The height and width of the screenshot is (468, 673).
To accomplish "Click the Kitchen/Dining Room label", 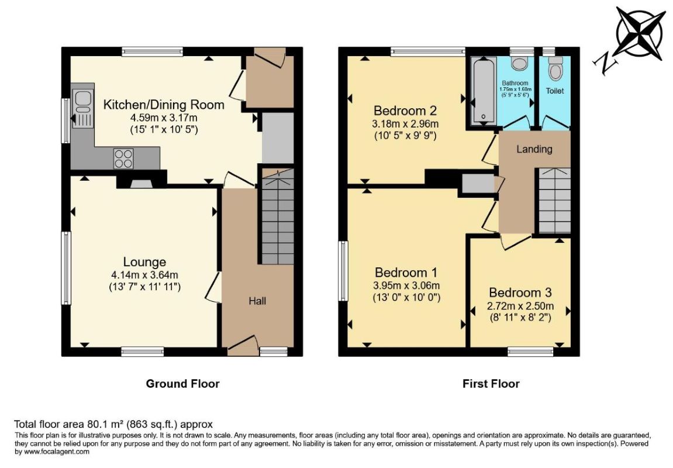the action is tap(164, 105).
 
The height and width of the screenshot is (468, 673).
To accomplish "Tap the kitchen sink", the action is tap(83, 109).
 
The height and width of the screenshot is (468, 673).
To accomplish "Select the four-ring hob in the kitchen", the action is tap(123, 158).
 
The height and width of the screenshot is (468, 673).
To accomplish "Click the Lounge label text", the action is tap(144, 262).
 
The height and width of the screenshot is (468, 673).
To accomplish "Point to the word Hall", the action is tap(257, 301).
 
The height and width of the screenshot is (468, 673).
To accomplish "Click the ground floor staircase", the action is tap(278, 216).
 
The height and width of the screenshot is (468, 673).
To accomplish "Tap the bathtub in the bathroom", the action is tap(484, 91).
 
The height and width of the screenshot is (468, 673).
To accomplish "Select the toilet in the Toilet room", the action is tap(555, 68).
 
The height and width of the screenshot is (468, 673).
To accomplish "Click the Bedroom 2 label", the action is tap(405, 111).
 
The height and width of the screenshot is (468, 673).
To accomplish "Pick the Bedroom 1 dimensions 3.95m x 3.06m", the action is tap(406, 285).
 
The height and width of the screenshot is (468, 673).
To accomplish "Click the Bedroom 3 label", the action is tap(520, 293).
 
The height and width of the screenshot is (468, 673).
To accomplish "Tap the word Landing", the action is tap(534, 149).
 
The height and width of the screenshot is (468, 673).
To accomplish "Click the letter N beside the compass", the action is tap(605, 63).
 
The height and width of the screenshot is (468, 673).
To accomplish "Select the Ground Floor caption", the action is tap(183, 384).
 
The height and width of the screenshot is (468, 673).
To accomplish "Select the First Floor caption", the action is tap(491, 384).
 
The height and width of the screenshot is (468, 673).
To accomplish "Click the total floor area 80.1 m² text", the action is tap(113, 425).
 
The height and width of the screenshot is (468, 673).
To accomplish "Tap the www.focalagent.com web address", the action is tap(57, 452).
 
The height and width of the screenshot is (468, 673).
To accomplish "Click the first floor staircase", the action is tap(554, 201).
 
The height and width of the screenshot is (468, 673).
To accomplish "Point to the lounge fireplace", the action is tap(141, 181).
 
